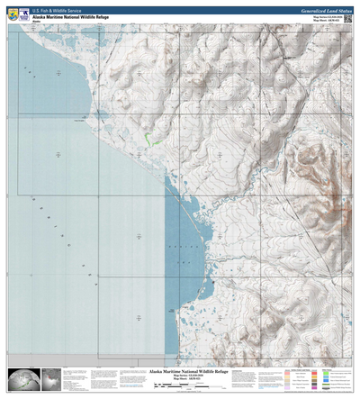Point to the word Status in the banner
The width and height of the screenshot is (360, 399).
click(x=339, y=7)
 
